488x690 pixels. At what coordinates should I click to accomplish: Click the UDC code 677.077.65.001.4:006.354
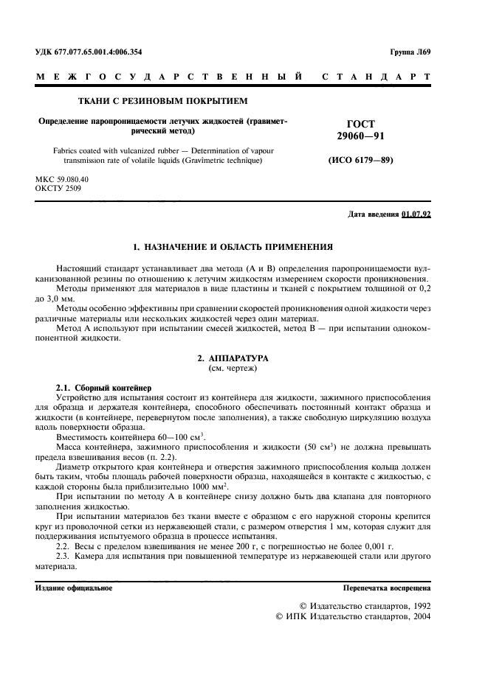point(100,52)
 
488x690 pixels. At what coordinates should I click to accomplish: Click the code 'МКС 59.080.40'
point(62,179)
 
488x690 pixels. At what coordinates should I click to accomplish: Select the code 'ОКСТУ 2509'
point(58,189)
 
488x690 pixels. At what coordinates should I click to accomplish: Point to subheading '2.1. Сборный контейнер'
point(103,387)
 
